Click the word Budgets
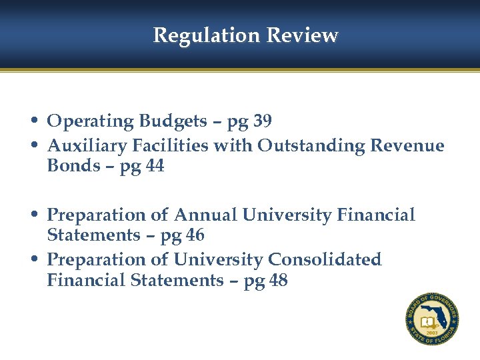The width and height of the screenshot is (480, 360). (173, 121)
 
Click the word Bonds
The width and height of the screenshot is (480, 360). (72, 166)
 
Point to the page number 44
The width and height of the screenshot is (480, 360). (153, 166)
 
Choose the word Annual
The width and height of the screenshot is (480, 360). (205, 215)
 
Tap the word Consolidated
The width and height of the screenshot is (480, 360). (325, 259)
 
